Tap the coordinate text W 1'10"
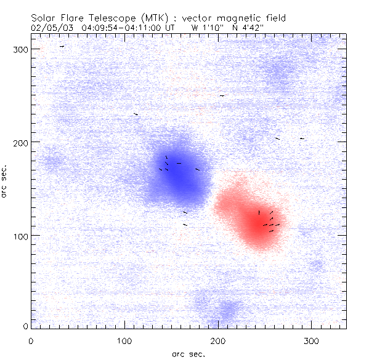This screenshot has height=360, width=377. click(x=205, y=28)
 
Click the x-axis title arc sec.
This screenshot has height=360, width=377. click(x=188, y=354)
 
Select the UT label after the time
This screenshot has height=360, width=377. click(x=169, y=28)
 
